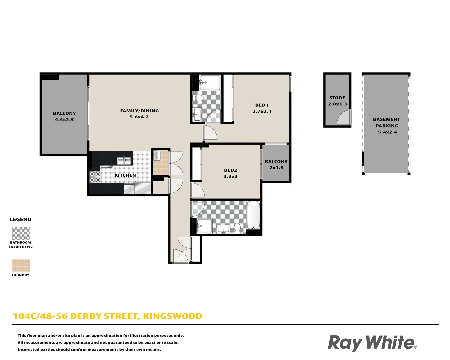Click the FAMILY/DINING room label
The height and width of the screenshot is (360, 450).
coord(139,111)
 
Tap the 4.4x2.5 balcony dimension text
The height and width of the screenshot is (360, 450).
coord(64,120)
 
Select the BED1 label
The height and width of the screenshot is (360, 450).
coord(262,105)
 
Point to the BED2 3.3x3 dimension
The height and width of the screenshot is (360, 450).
coord(231,177)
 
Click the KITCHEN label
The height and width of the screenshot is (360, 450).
coord(125,175)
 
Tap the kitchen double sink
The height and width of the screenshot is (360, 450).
coord(124,161)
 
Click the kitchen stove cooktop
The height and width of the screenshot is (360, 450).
coord(95,177)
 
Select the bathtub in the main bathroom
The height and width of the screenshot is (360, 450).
coord(253,215)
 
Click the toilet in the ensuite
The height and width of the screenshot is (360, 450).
coord(199,98)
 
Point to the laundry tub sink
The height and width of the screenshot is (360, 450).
coord(157,155)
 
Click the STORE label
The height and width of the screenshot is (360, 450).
coord(337,98)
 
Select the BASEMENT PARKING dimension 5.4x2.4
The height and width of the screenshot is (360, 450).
coord(387,132)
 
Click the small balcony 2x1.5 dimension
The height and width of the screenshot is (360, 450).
coord(276,168)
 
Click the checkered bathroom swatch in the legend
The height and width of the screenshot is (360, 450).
coord(21,233)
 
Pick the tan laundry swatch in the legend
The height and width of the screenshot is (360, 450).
coord(21,265)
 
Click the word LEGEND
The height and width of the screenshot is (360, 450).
coord(20,219)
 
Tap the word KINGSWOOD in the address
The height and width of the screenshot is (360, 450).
coord(172,316)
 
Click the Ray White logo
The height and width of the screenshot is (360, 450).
coord(372,343)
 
